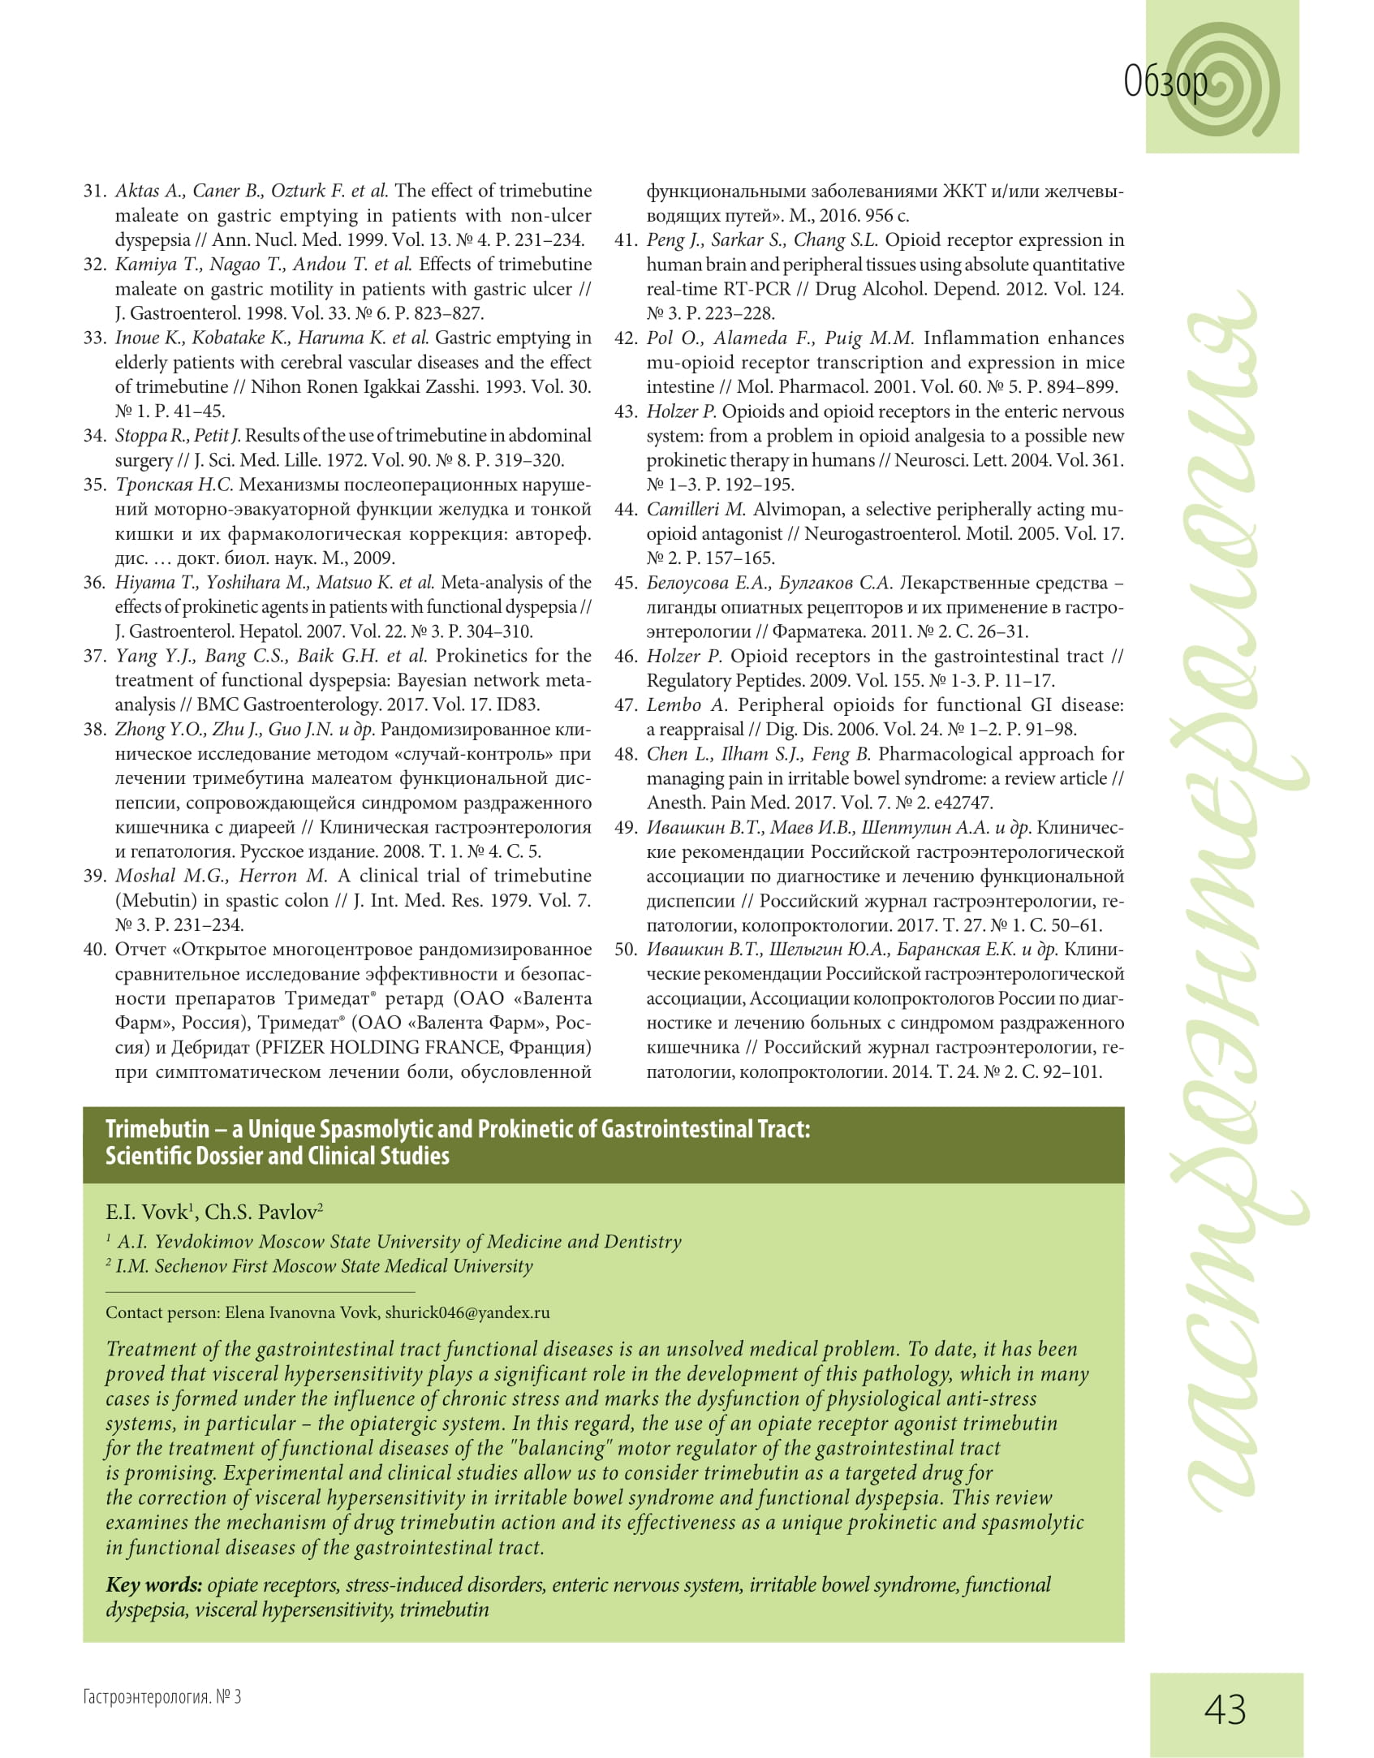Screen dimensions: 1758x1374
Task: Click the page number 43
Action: pos(1225,1709)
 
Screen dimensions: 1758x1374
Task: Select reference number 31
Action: pos(95,192)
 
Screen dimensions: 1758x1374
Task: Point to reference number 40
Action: pos(95,950)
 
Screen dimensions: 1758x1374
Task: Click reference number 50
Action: pos(626,950)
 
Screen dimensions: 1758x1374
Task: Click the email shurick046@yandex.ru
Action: pos(467,1312)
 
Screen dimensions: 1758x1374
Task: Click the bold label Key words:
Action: pos(154,1585)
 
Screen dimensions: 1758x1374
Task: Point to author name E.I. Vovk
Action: pos(146,1213)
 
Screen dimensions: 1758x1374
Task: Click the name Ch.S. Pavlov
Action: pos(261,1213)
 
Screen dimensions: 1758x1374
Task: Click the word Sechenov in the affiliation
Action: pos(191,1266)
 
